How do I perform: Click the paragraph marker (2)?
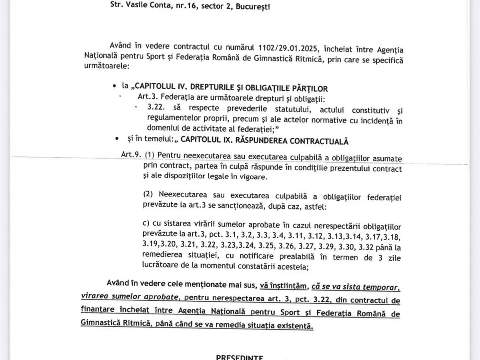pos(148,194)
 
